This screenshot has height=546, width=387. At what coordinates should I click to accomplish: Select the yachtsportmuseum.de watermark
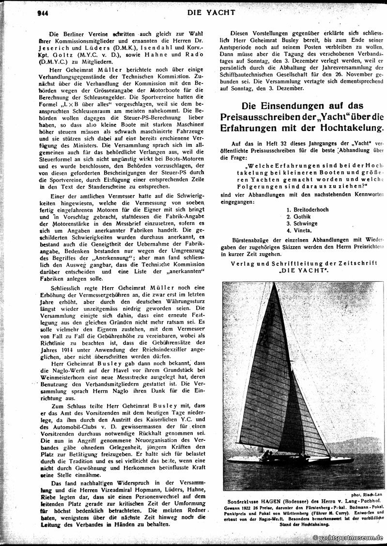[x=348, y=538]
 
